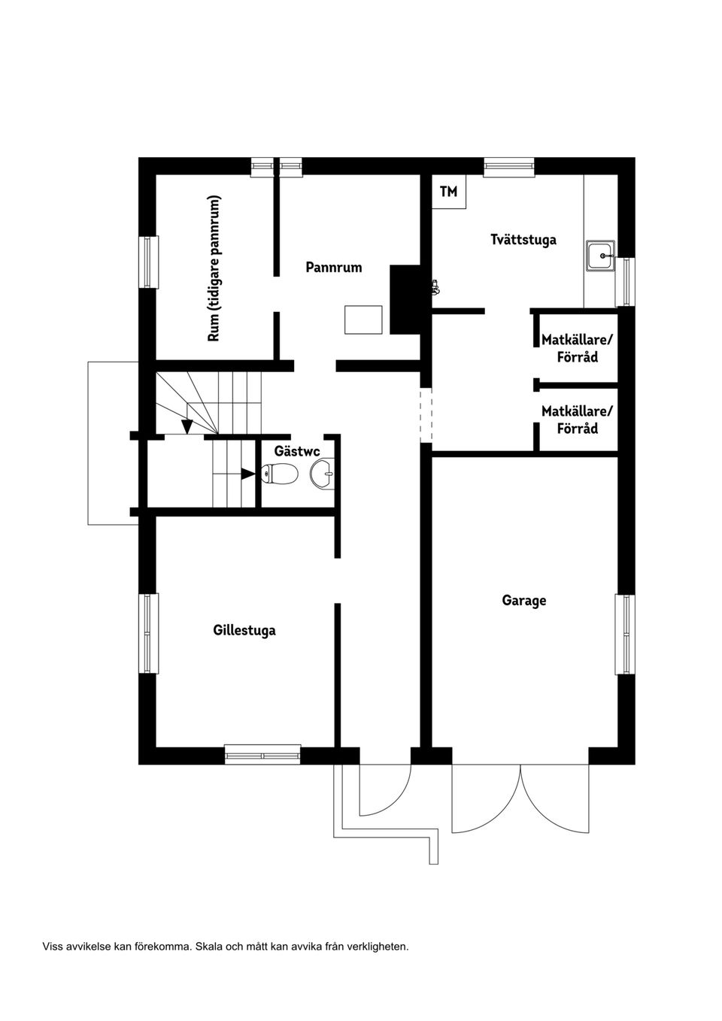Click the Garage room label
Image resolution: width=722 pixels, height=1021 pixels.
524,601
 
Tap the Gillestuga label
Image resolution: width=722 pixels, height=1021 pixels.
244,630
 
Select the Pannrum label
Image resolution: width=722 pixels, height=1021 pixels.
334,268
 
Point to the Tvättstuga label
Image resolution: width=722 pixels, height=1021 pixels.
523,240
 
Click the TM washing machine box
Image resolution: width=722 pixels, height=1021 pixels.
449,192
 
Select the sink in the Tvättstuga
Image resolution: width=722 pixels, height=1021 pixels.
601,256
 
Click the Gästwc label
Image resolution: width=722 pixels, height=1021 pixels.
297,452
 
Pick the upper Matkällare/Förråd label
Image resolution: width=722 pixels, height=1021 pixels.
578,348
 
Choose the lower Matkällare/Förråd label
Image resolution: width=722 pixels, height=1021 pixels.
578,420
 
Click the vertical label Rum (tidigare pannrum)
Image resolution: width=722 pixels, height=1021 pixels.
214,269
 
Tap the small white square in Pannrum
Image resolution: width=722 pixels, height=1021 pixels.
363,320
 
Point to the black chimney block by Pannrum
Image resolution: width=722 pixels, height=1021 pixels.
404,299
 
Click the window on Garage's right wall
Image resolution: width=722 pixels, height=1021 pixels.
625,634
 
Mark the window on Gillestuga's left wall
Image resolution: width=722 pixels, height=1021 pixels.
149,633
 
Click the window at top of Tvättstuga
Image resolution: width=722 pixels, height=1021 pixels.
509,167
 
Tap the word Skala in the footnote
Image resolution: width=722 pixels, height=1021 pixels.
208,947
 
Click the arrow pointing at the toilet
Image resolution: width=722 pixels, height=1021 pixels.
247,474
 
